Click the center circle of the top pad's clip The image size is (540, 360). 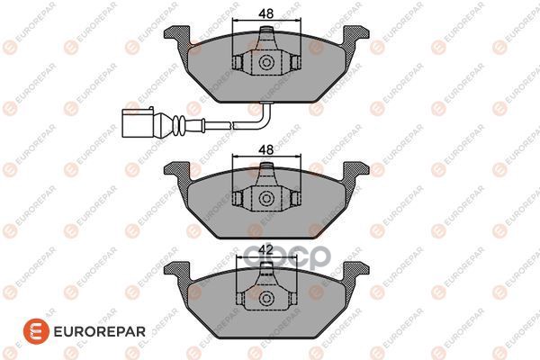tap(265, 63)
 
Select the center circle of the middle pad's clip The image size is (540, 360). tap(265, 199)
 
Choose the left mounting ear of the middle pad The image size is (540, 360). tap(176, 171)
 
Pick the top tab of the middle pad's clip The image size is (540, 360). tap(265, 174)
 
